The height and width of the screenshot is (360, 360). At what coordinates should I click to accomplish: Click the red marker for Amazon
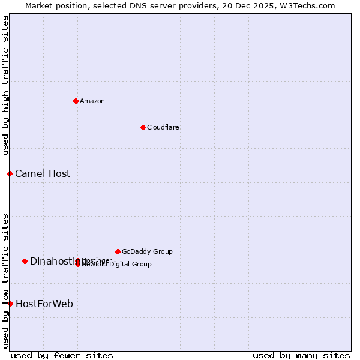[x=76, y=101]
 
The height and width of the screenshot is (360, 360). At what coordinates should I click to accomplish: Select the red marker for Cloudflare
[x=143, y=127]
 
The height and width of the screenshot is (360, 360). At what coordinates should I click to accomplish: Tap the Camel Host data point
[x=10, y=173]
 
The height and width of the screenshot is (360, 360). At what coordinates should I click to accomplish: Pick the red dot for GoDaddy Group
[x=118, y=251]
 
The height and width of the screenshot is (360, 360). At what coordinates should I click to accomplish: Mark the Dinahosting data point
[x=25, y=261]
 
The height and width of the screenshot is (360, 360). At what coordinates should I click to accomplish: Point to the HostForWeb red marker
[x=10, y=304]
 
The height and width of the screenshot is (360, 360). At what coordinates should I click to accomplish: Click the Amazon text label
[x=92, y=101]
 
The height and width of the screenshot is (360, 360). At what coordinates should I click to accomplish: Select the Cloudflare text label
[x=163, y=127]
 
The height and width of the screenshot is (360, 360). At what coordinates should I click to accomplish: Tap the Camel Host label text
[x=43, y=173]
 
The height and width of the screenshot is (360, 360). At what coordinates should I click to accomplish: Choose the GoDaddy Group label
[x=147, y=251]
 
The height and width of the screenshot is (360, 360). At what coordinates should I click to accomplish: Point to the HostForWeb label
[x=44, y=304]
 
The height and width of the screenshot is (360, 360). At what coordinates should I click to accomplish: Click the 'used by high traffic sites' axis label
[x=6, y=86]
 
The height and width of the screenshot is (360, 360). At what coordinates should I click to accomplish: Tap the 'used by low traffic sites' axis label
[x=6, y=281]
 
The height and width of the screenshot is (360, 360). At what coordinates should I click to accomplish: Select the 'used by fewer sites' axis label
[x=62, y=356]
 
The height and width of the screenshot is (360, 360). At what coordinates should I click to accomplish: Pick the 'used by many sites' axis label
[x=301, y=356]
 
